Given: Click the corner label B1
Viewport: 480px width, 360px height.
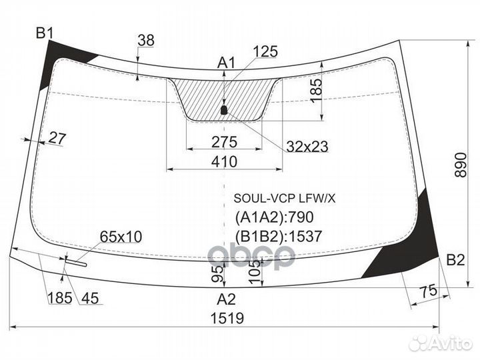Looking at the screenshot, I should coord(45,33).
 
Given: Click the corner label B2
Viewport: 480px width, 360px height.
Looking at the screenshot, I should coord(455,259).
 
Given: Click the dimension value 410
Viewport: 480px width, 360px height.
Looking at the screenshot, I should coord(225,161).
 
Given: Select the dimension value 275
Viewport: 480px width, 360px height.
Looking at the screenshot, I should coord(224,141).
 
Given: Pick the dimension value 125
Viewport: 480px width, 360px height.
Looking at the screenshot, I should coord(265,51).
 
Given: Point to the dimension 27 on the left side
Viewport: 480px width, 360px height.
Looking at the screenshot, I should coord(58,139).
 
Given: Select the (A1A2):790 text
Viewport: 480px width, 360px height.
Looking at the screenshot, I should coord(274,217).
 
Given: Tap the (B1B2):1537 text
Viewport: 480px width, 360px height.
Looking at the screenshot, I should coord(279,235).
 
